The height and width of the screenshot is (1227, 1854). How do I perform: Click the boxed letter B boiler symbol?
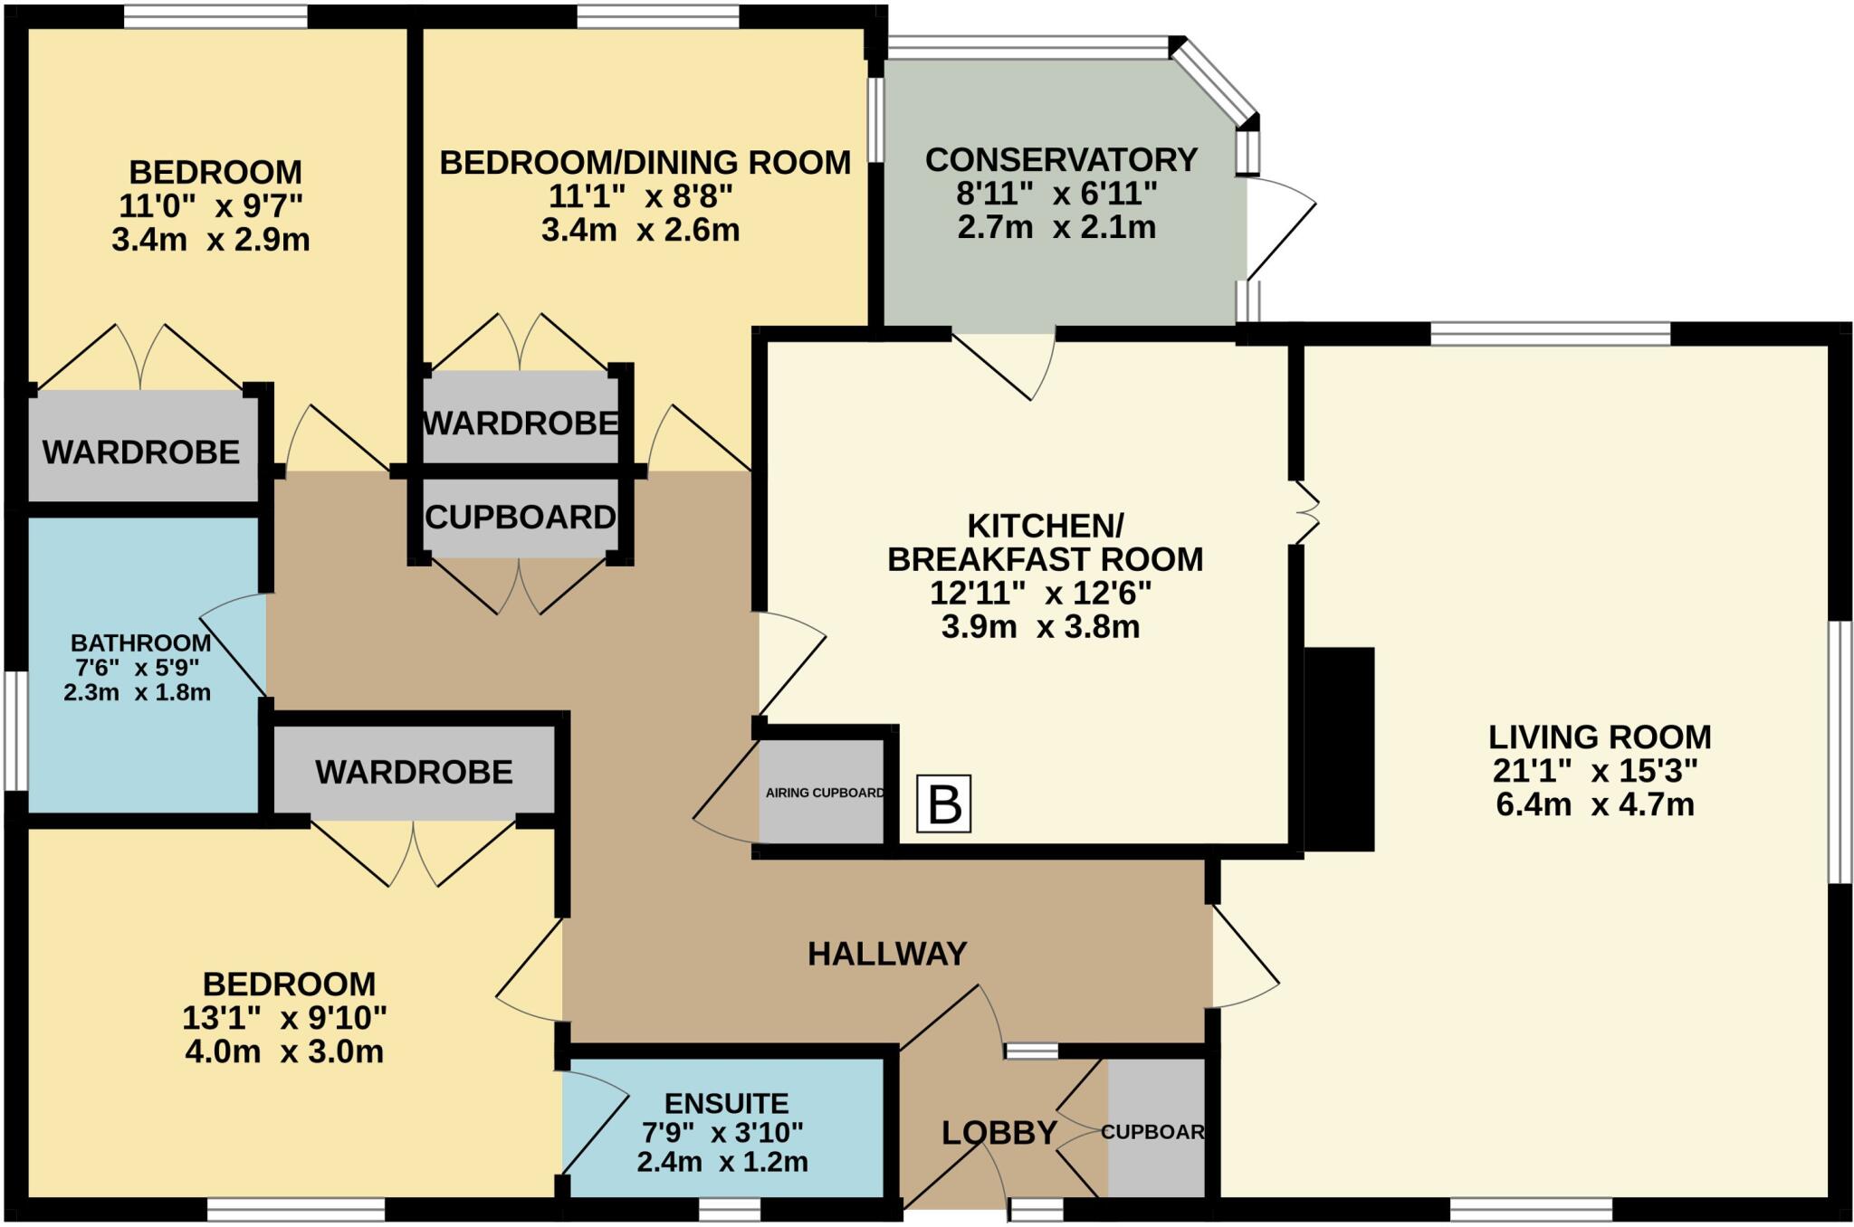point(943,804)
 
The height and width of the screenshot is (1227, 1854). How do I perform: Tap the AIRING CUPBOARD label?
point(824,793)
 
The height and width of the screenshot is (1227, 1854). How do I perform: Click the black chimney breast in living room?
point(1339,748)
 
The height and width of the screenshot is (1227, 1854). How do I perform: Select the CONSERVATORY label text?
point(1061,160)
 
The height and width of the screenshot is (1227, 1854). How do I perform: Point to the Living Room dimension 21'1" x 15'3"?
point(1594,771)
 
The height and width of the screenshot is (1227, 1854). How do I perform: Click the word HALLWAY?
point(887,954)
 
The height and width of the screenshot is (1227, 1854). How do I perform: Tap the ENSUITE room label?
point(726,1103)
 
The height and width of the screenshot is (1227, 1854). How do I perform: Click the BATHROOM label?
point(140,643)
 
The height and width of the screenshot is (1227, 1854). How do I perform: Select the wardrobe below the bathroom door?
point(414,772)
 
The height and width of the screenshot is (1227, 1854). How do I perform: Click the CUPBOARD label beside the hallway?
point(521,518)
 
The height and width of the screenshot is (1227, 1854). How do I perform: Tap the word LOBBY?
point(999,1133)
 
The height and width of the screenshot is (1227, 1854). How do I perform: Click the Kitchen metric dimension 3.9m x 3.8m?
point(1040,626)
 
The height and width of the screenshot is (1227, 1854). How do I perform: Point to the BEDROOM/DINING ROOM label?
point(645,163)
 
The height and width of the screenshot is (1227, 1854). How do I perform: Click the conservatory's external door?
point(1278,226)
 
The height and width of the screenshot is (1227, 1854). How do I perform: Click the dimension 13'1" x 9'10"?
point(284,1018)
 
